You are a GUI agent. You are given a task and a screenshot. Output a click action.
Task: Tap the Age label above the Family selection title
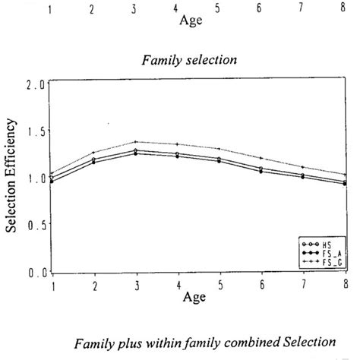[x=190, y=21]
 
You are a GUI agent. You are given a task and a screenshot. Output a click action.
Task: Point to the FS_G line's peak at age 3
[x=134, y=142]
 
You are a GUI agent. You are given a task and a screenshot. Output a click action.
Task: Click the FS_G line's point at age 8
[x=347, y=175]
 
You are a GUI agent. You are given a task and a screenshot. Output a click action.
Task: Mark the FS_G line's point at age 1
[x=52, y=174]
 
